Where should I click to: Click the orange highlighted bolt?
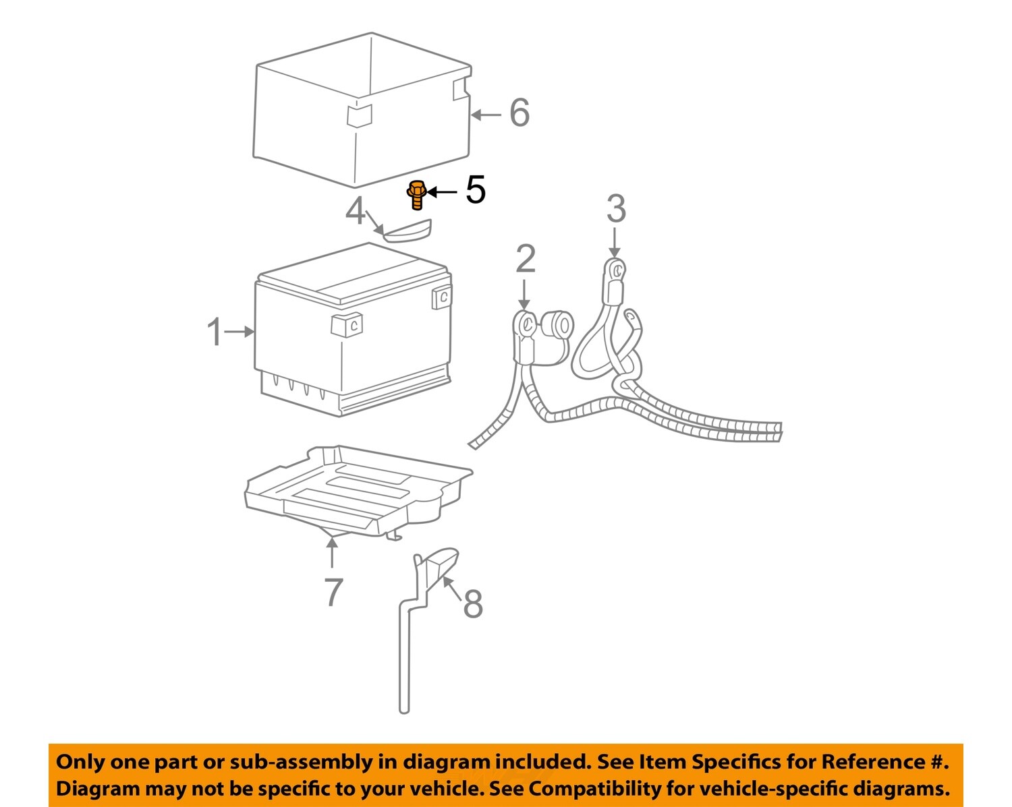416,194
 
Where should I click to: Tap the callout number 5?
476,190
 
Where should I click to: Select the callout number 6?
519,113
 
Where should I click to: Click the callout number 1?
215,332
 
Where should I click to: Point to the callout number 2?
526,260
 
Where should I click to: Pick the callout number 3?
615,209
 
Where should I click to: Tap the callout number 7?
333,592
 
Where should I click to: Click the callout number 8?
473,603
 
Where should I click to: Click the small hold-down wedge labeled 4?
407,231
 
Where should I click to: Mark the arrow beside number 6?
486,115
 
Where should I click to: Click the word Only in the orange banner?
80,762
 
